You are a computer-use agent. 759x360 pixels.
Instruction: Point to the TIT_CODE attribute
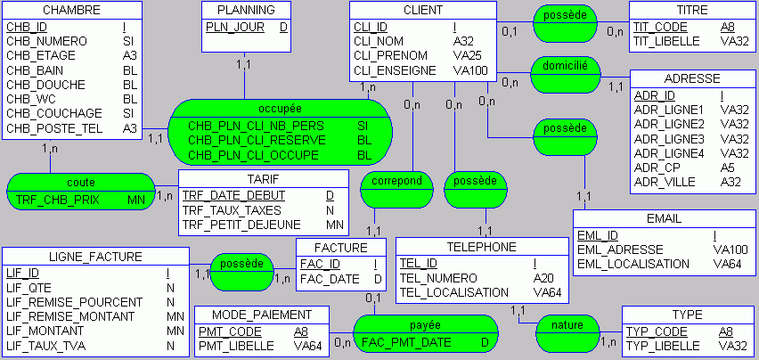point(659,27)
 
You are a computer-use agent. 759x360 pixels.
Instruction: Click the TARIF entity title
point(263,177)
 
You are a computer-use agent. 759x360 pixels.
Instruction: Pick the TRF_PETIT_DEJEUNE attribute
point(241,225)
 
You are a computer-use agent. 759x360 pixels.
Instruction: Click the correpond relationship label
point(396,180)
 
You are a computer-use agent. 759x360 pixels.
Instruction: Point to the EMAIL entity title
point(663,218)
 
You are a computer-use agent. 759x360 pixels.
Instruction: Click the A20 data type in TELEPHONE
point(543,278)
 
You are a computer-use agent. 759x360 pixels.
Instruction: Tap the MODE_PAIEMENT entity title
point(261,315)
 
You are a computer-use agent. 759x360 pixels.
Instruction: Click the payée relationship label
point(425,324)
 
